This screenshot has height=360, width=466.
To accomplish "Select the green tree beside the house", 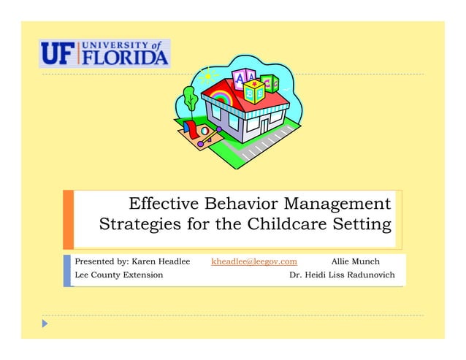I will (x=191, y=97).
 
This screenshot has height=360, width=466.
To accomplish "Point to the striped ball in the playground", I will (x=205, y=131).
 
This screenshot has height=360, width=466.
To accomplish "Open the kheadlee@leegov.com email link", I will (x=253, y=261).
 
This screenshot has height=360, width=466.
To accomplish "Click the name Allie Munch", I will (x=355, y=261).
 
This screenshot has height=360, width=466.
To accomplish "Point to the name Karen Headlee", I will (x=160, y=261).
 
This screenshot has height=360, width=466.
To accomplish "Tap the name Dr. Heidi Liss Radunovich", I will (x=342, y=275).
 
